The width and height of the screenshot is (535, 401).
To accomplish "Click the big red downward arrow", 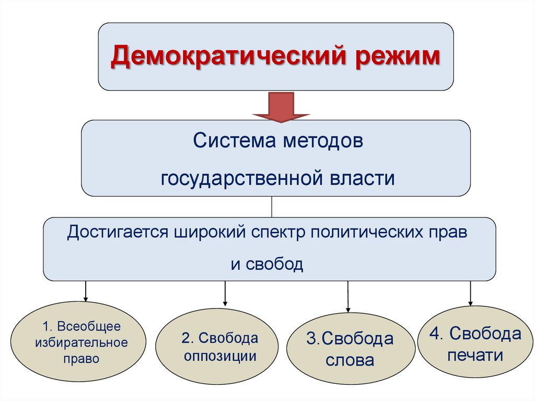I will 281,107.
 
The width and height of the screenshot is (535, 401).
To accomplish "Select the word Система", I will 233,142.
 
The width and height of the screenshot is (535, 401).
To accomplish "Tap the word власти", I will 362,178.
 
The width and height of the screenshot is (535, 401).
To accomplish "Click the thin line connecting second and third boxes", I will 271,207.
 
